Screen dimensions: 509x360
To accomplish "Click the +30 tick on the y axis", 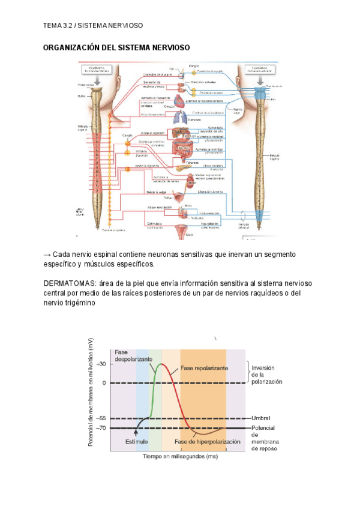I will point(101,364).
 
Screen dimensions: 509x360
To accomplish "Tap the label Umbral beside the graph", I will point(260,418).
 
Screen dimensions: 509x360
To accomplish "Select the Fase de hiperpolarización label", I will point(208,441).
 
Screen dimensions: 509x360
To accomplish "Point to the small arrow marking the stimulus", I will point(136,432).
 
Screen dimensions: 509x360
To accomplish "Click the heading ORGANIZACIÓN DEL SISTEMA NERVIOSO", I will point(116,47).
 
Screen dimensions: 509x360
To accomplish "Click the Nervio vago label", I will point(238,110).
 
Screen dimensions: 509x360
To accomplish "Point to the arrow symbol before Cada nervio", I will point(47,254).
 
